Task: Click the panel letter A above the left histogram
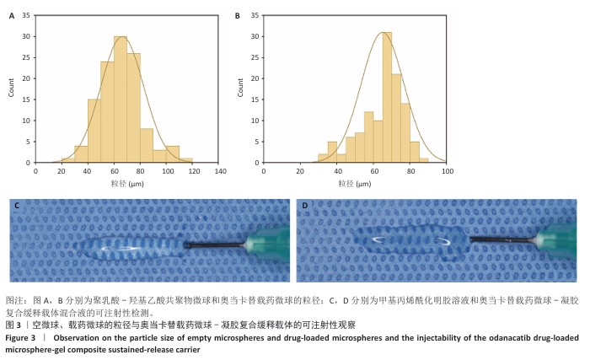pyautogui.click(x=11, y=15)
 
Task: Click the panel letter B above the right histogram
pyautogui.click(x=237, y=15)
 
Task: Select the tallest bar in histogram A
pyautogui.click(x=121, y=99)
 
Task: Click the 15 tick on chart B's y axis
pyautogui.click(x=251, y=99)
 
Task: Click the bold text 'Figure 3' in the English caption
pyautogui.click(x=23, y=337)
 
